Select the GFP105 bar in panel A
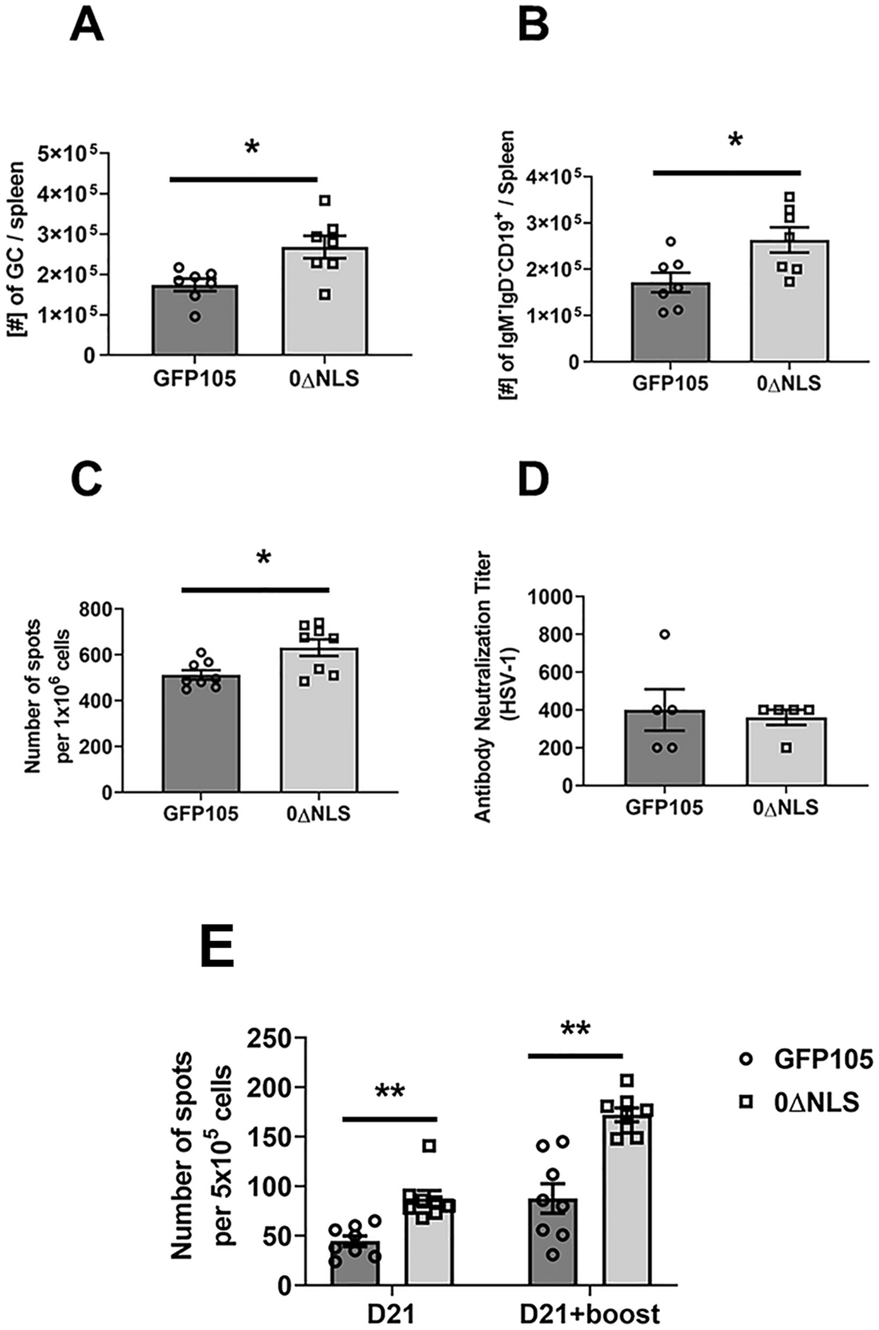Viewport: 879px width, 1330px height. pyautogui.click(x=195, y=320)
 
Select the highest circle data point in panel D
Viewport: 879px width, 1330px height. pyautogui.click(x=665, y=634)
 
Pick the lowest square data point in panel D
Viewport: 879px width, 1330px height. pyautogui.click(x=786, y=747)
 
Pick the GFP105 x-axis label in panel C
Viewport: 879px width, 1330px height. pyautogui.click(x=200, y=814)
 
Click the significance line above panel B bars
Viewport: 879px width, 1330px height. pyautogui.click(x=727, y=172)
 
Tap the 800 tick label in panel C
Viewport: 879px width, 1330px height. pyautogui.click(x=95, y=609)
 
